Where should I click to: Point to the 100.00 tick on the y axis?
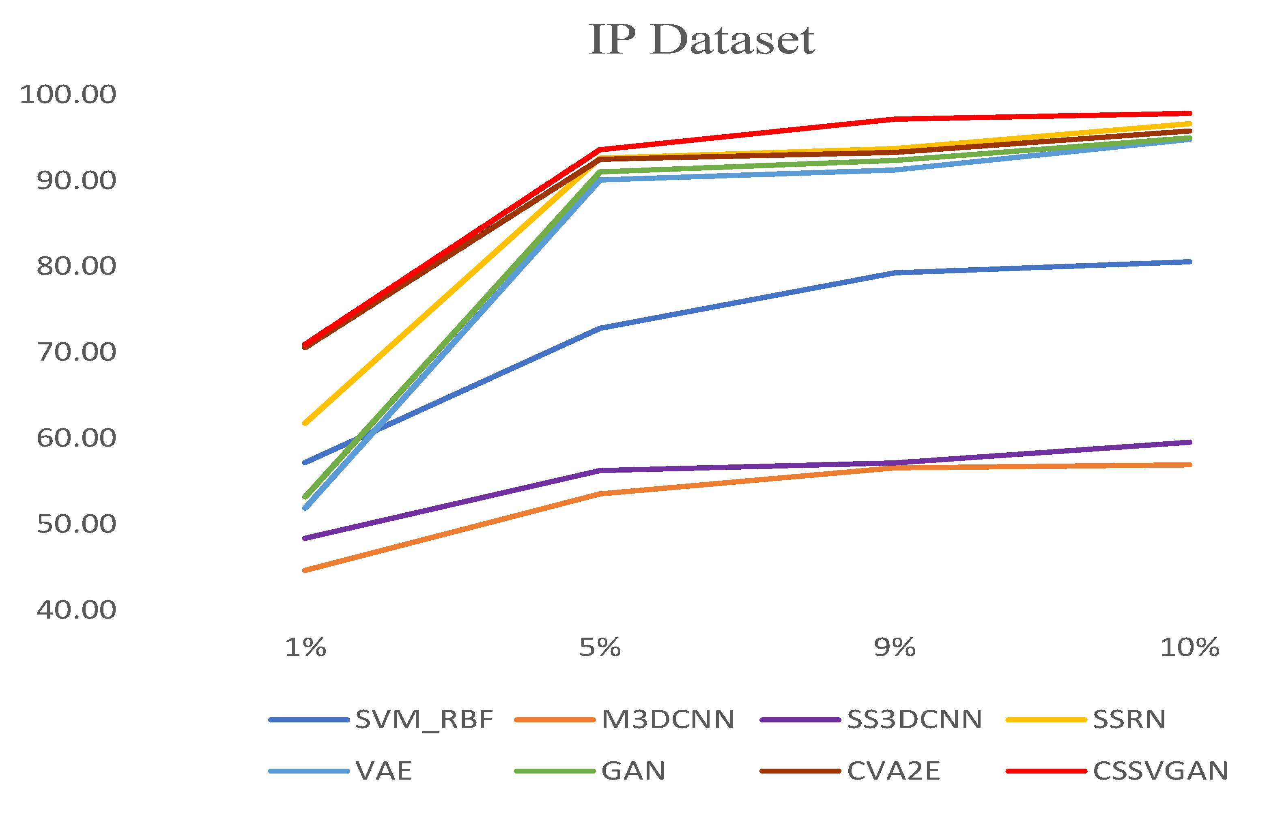pyautogui.click(x=68, y=95)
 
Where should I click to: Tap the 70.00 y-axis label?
pyautogui.click(x=76, y=352)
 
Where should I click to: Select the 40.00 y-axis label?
pyautogui.click(x=76, y=610)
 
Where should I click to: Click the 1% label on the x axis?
pyautogui.click(x=305, y=648)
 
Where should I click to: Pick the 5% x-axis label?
pyautogui.click(x=600, y=648)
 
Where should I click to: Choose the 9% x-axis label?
pyautogui.click(x=895, y=648)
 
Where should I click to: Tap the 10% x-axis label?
pyautogui.click(x=1189, y=648)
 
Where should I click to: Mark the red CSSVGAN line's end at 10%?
pyautogui.click(x=1189, y=114)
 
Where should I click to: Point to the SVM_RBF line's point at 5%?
pyautogui.click(x=600, y=328)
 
